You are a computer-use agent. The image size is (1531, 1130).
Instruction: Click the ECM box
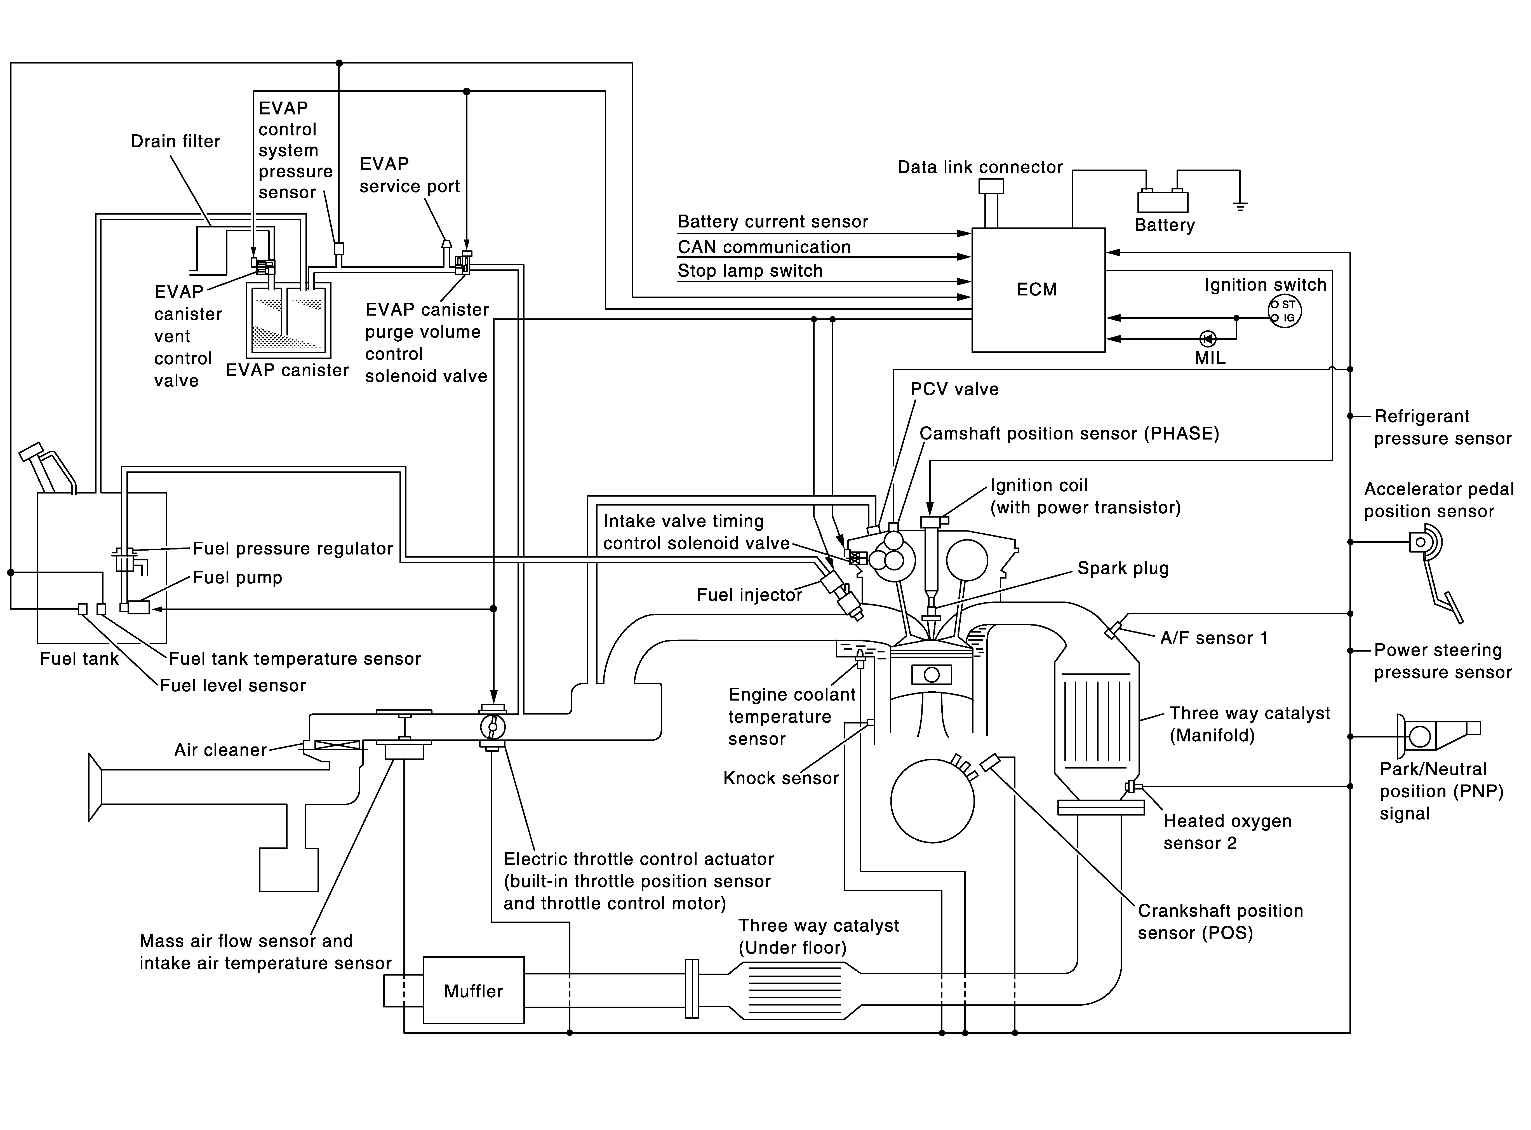coord(1038,290)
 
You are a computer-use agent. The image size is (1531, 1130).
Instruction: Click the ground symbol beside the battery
coord(1240,205)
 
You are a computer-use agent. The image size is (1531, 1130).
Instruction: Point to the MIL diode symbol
coord(1208,338)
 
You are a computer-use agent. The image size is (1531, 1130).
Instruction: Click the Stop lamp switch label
coord(750,271)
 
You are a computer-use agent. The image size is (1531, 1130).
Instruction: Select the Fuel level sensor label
coord(232,685)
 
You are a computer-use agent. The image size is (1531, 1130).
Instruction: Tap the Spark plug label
coord(1123,568)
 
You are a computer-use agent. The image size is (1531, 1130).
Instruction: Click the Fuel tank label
coord(79,659)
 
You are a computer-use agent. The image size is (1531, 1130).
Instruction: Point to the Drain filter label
coord(176,142)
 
